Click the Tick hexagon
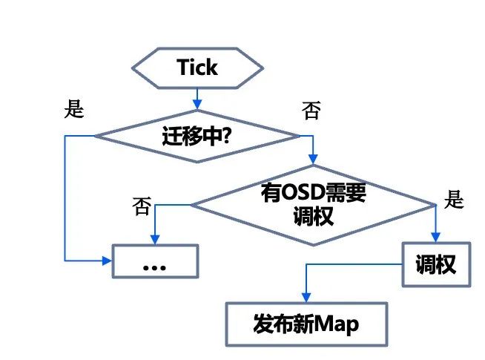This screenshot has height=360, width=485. click(197, 68)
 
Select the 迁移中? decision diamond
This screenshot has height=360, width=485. click(197, 136)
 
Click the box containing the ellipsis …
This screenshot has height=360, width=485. click(155, 261)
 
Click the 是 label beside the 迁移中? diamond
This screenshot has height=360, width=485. click(74, 109)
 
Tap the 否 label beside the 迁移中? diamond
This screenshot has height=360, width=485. click(311, 111)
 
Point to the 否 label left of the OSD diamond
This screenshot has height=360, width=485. click(142, 203)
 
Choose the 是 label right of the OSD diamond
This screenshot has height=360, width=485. click(453, 199)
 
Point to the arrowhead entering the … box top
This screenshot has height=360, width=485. click(155, 239)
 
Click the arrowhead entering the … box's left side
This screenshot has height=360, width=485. click(107, 261)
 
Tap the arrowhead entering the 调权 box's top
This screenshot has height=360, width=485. click(436, 238)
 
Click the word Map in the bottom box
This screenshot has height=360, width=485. click(340, 324)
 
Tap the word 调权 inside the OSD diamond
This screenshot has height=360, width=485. click(314, 216)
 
